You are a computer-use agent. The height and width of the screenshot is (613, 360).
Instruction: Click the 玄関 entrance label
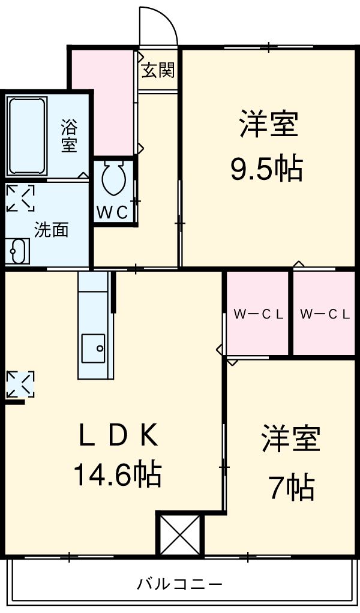pyautogui.click(x=158, y=70)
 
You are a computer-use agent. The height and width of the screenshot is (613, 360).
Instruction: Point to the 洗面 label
pyautogui.click(x=50, y=230)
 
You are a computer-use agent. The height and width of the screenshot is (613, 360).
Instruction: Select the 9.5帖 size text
pyautogui.click(x=266, y=171)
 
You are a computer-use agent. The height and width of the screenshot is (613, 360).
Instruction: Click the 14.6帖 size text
pyautogui.click(x=116, y=476)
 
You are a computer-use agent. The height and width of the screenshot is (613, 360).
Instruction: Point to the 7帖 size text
pyautogui.click(x=291, y=487)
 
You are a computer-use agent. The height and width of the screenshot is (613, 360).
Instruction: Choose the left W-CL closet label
pyautogui.click(x=258, y=314)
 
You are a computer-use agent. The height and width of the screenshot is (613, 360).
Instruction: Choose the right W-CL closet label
pyautogui.click(x=325, y=314)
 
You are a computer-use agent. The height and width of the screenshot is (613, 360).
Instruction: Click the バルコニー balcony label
pyautogui.click(x=179, y=583)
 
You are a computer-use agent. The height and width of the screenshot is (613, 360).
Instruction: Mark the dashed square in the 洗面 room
pyautogui.click(x=20, y=199)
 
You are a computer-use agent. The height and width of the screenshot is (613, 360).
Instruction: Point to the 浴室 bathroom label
pyautogui.click(x=69, y=136)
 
